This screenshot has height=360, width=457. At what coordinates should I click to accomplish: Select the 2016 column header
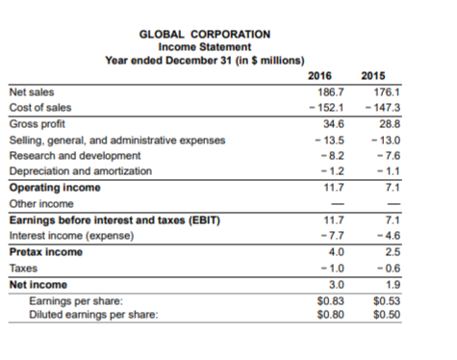click(x=319, y=75)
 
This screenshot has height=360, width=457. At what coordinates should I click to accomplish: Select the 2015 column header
click(x=371, y=75)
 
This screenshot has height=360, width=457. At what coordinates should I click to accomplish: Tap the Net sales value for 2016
click(x=320, y=92)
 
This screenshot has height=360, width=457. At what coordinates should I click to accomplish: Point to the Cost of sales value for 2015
click(x=369, y=109)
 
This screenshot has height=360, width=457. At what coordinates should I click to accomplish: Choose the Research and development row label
click(x=75, y=155)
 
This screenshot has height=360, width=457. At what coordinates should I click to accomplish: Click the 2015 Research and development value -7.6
click(x=372, y=155)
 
